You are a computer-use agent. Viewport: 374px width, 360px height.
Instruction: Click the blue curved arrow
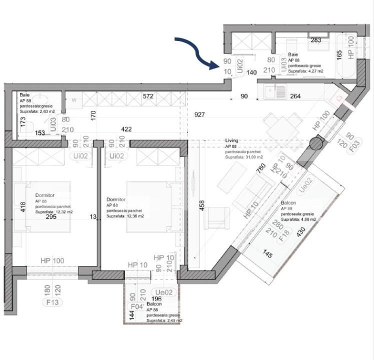197,52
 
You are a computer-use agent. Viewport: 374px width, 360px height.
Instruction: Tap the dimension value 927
199,115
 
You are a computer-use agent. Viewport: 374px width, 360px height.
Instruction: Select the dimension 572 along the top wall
148,96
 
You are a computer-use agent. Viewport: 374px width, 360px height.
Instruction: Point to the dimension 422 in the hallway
126,129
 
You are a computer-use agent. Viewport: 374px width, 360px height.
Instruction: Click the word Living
232,141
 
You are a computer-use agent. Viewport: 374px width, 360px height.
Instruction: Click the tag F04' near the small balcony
137,306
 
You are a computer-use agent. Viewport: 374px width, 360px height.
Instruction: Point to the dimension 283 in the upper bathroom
316,40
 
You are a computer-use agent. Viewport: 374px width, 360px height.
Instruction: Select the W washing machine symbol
73,99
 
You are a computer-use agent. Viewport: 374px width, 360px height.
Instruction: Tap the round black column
316,144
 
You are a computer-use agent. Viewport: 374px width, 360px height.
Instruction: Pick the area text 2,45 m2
170,320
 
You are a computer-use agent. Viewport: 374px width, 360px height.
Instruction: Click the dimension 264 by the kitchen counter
295,96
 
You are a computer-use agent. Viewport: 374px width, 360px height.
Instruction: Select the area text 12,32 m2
61,212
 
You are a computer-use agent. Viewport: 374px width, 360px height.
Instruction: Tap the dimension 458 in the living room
202,205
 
